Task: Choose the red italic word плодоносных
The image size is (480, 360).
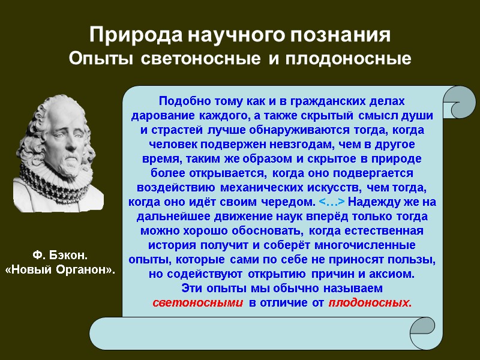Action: click(x=370, y=302)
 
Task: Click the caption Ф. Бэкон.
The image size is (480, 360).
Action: click(x=59, y=257)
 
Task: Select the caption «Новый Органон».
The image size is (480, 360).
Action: click(x=59, y=270)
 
